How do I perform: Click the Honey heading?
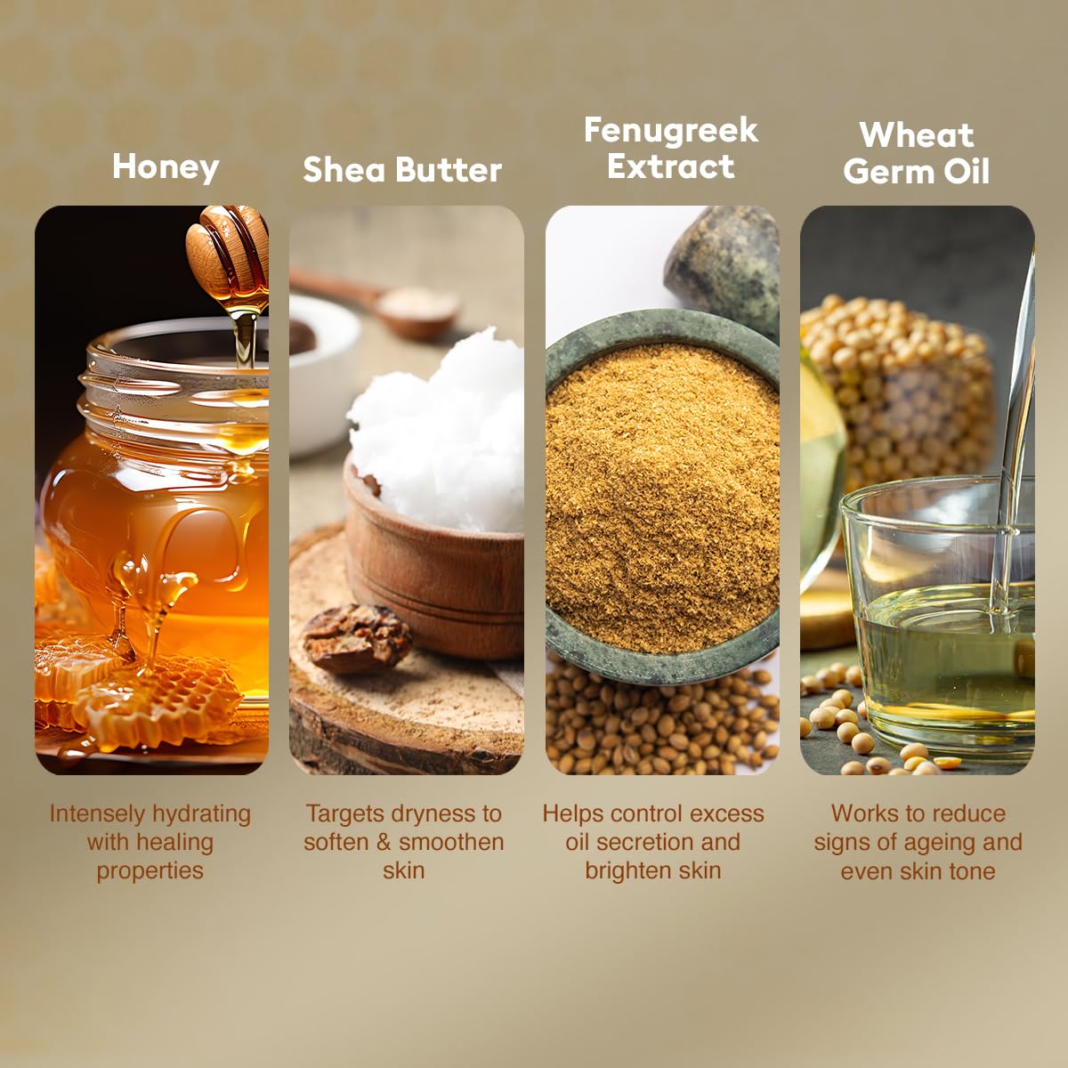pos(166,167)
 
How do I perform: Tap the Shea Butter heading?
pos(402,170)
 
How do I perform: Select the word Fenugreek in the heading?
pos(671,131)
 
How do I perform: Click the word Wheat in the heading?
pos(917,135)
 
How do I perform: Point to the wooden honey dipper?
pos(227,249)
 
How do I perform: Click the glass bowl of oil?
pos(934,623)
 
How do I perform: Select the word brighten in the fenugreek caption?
pos(626,870)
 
